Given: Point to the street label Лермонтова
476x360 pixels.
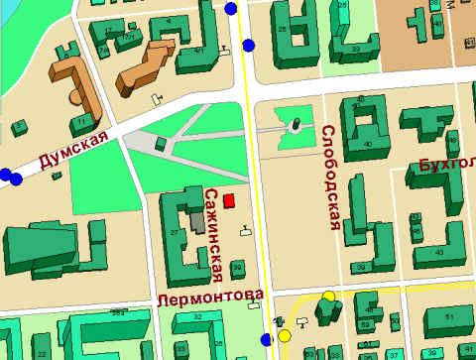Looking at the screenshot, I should click(x=210, y=296).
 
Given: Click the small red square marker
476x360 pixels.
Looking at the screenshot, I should click(x=229, y=201).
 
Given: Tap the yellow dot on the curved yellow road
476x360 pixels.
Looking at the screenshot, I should click(x=328, y=296).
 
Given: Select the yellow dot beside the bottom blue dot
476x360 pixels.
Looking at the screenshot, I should click(x=285, y=335).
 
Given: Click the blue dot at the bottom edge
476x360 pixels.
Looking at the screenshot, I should click(x=266, y=341).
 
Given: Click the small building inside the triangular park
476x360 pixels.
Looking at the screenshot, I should click(x=161, y=143).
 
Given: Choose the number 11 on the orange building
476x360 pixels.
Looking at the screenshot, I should click(x=79, y=121).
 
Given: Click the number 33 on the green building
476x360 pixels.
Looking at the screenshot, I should click(x=355, y=48).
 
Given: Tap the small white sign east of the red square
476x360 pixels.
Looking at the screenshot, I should click(x=245, y=232).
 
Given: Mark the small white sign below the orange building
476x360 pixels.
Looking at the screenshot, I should click(x=155, y=99).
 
